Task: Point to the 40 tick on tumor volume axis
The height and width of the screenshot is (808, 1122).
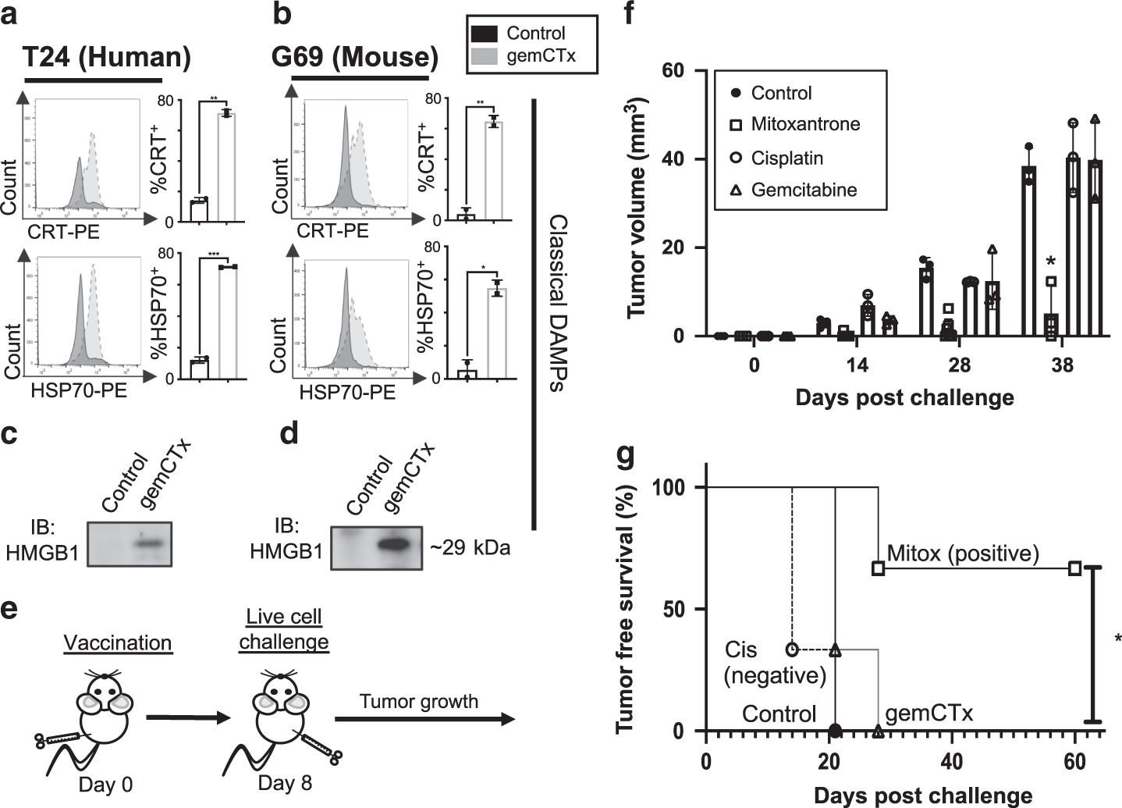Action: tap(691, 159)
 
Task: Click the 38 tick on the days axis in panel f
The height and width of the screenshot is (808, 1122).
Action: tap(1062, 365)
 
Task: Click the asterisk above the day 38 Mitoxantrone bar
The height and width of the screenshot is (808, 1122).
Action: tap(1051, 262)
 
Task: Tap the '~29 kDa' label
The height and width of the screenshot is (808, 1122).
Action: tap(470, 547)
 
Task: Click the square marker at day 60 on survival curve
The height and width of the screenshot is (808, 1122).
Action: tap(1074, 568)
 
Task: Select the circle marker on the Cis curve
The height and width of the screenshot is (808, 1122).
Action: tap(793, 649)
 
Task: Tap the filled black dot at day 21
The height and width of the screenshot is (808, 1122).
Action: tap(835, 731)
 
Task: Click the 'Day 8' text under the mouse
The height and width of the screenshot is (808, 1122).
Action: tap(285, 783)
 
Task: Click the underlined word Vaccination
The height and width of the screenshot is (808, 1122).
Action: tap(118, 642)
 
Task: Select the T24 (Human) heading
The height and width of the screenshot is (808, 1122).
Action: tap(107, 58)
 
